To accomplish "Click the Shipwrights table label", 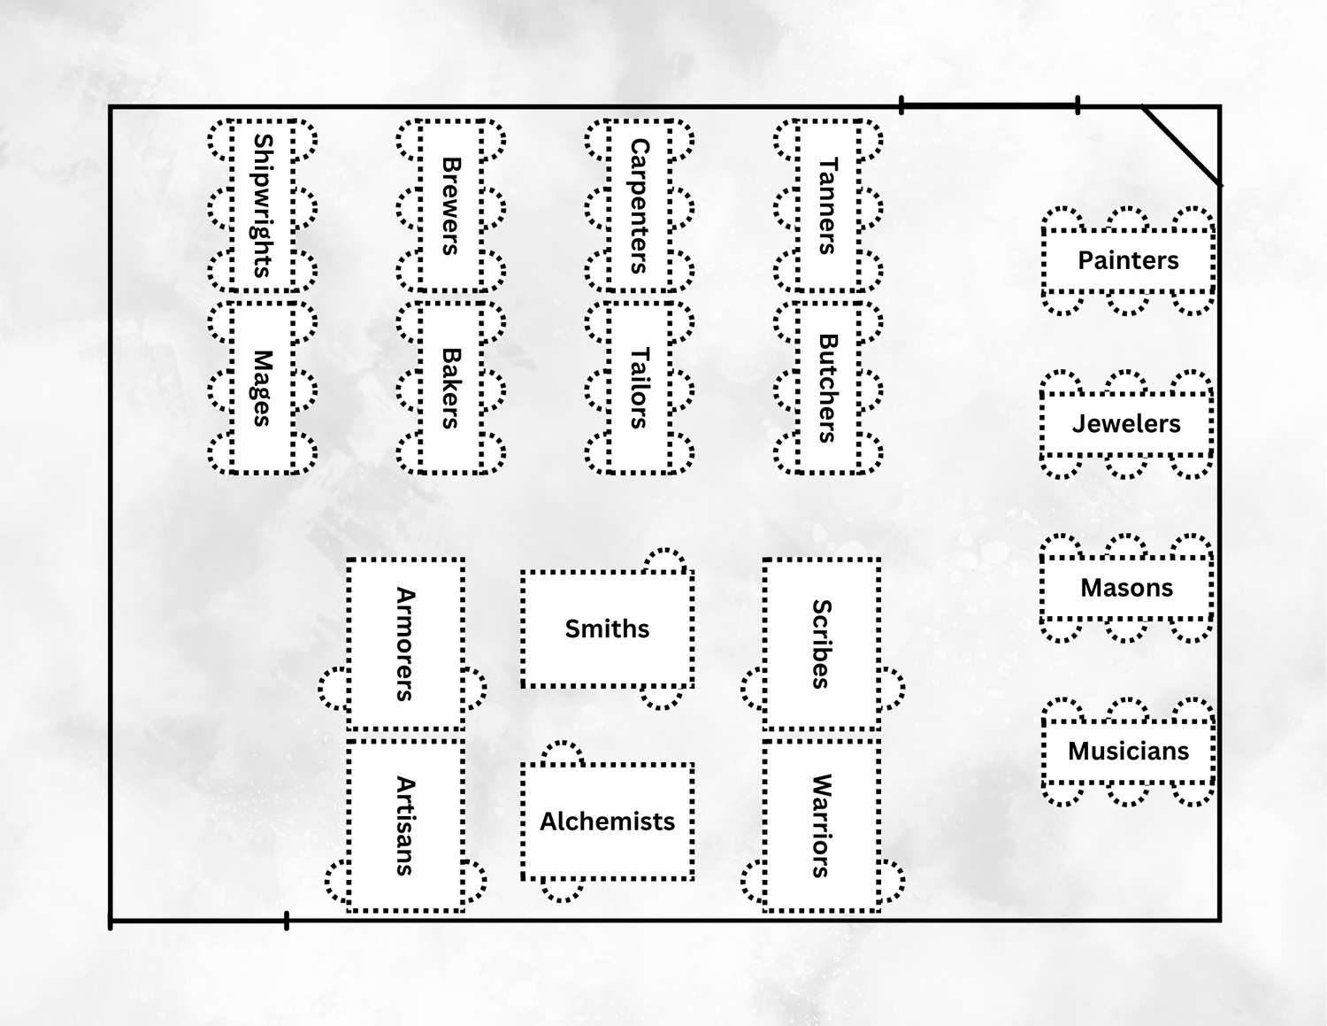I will point(263,205).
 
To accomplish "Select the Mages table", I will point(263,388).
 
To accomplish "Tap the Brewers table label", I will point(451,205).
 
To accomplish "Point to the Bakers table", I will point(451,388).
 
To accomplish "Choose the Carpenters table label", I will point(640,205).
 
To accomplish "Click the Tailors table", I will point(640,388).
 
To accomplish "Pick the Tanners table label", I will point(828,205).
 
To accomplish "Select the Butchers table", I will point(828,388).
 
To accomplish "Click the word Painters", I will point(1128,260).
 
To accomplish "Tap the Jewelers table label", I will point(1126,424).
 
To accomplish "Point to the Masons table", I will point(1126,588).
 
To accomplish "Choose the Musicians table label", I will point(1128,752).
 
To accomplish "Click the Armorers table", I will point(405,644).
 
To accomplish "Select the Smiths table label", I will point(607,629).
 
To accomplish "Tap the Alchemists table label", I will point(607,822).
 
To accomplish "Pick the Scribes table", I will point(822,644).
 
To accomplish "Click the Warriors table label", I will point(822,825).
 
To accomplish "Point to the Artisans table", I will point(405,825).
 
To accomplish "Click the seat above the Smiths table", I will point(663,560).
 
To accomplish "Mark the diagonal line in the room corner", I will point(1182,146).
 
